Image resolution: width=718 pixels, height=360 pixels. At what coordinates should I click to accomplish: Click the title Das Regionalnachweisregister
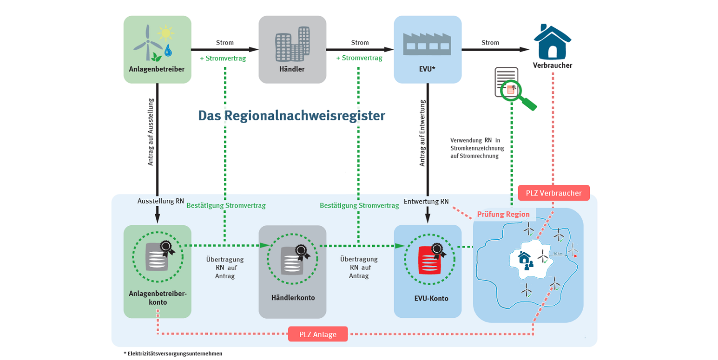coord(291,116)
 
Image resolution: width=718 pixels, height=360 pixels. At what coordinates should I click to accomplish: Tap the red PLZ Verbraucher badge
coord(553,193)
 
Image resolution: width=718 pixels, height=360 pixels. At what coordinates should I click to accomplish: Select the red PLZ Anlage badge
coord(318,334)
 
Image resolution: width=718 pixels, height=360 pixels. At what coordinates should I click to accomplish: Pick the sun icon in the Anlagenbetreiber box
coord(165,33)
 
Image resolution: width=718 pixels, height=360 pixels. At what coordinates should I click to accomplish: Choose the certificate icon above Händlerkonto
coord(293,259)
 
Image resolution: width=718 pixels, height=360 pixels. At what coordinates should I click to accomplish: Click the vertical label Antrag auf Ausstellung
coord(151,131)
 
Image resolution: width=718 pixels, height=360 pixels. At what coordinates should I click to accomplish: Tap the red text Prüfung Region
coord(503,214)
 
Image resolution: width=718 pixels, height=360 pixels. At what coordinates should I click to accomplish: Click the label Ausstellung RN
coord(158,201)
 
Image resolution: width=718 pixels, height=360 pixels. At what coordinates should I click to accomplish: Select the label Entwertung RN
coord(426,201)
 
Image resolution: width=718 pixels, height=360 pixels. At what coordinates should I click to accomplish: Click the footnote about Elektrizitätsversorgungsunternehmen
coord(173,353)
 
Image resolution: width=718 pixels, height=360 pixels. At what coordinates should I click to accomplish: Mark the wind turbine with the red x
coord(573,250)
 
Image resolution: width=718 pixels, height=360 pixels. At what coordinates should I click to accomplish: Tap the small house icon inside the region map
coord(525,257)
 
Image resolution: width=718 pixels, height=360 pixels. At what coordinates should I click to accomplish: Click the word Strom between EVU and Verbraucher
coord(490,43)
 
